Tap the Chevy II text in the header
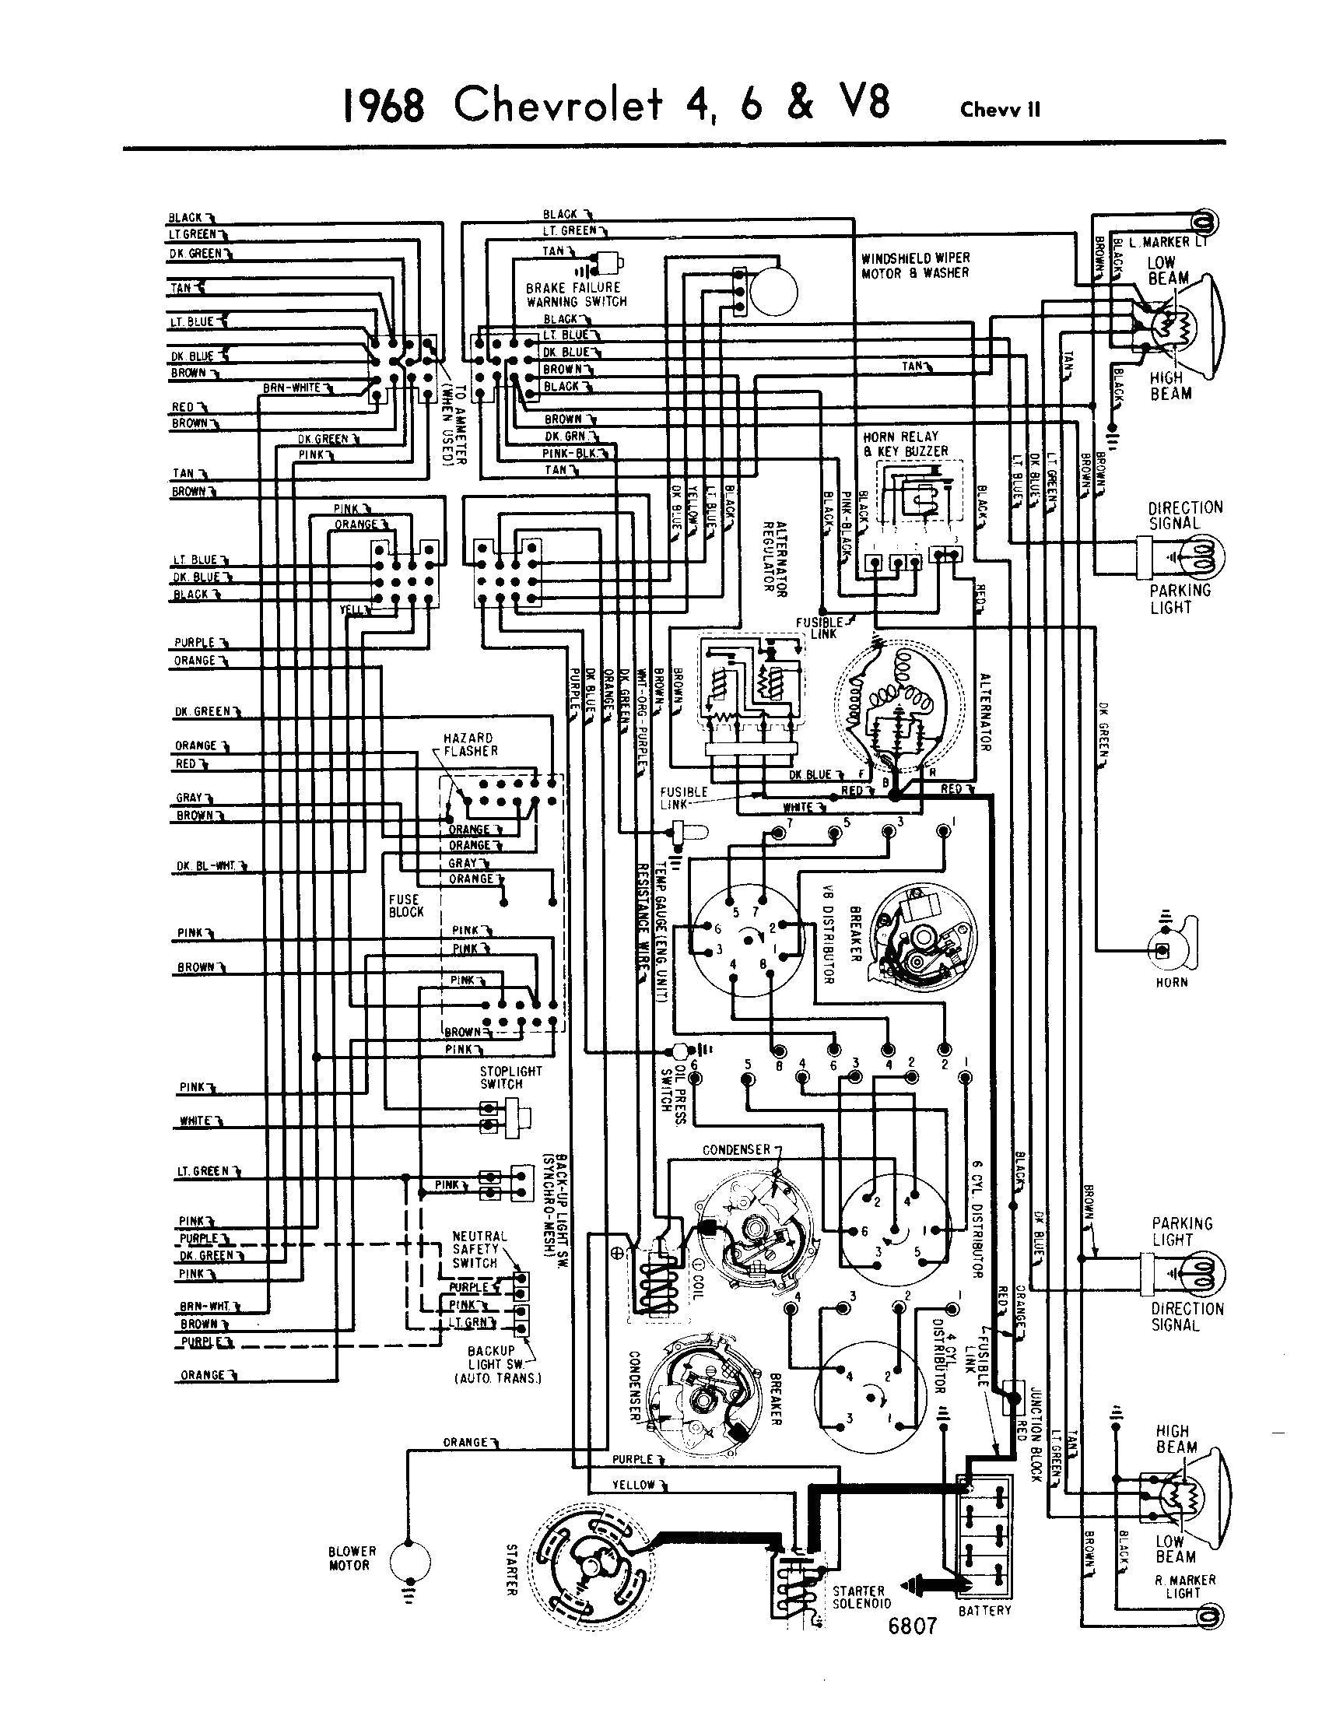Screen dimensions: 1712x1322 [x=1001, y=111]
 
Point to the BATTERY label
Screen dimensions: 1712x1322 [x=985, y=1610]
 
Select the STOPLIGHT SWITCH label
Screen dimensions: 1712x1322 [x=501, y=1077]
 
